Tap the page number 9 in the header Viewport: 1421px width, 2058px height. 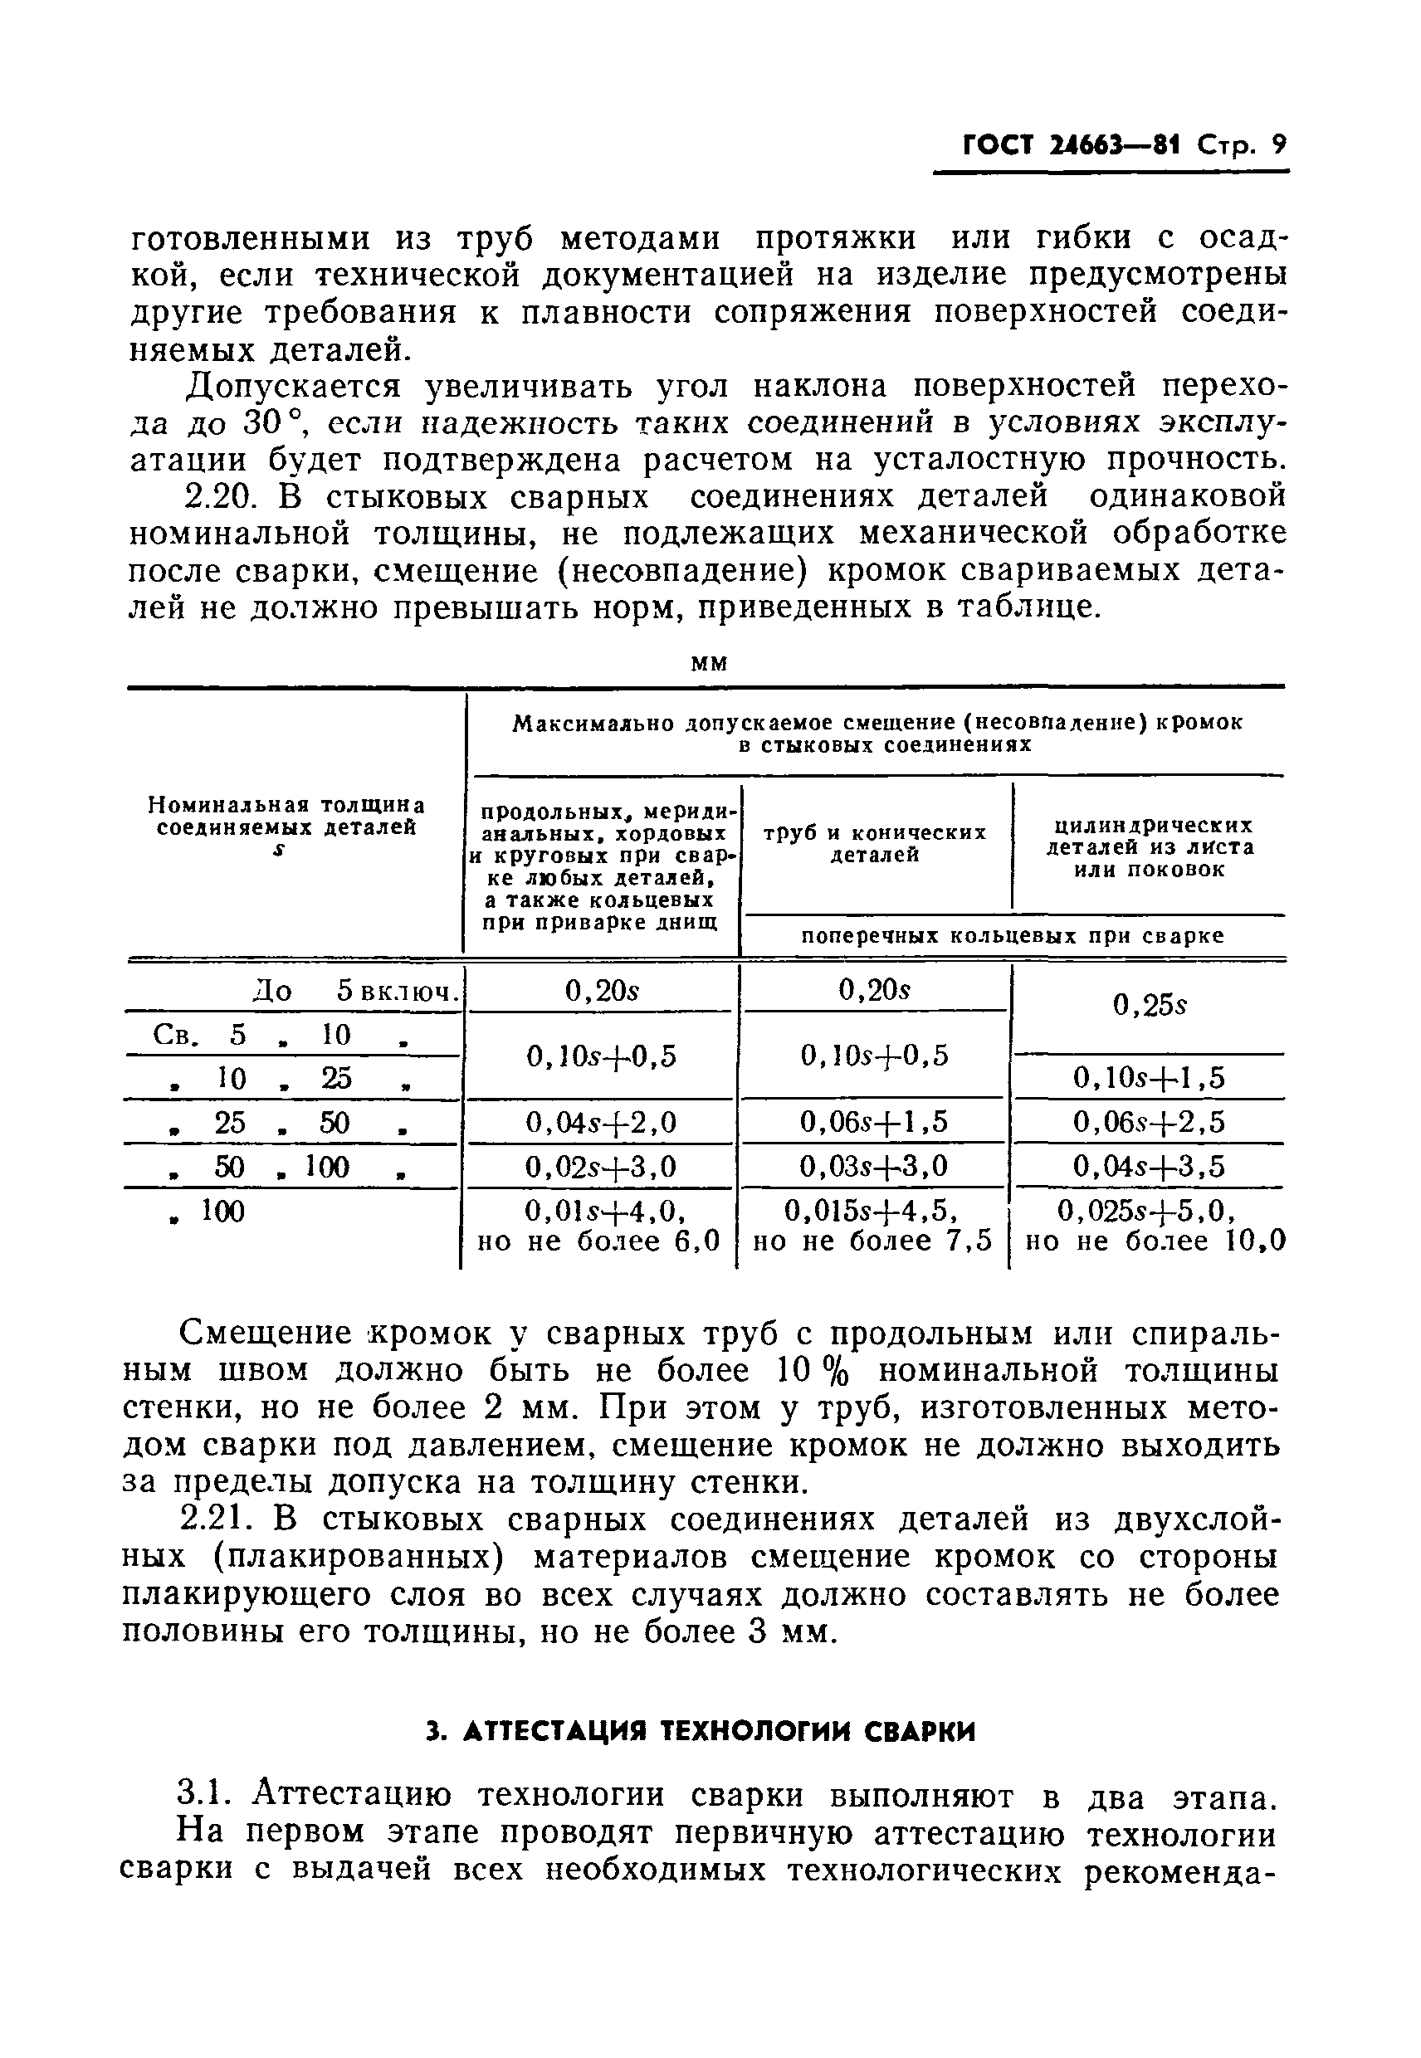coord(1277,145)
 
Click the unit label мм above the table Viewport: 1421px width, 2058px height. coord(709,663)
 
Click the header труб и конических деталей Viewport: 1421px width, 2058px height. coord(875,843)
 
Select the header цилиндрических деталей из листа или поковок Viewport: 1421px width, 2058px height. coord(1150,846)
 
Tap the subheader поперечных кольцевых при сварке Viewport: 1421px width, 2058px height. coord(1013,935)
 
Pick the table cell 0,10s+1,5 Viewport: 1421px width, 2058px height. coord(1149,1078)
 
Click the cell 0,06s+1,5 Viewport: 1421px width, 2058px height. coord(874,1122)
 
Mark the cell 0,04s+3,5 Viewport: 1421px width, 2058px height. coord(1149,1166)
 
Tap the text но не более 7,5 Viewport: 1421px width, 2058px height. coord(872,1241)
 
